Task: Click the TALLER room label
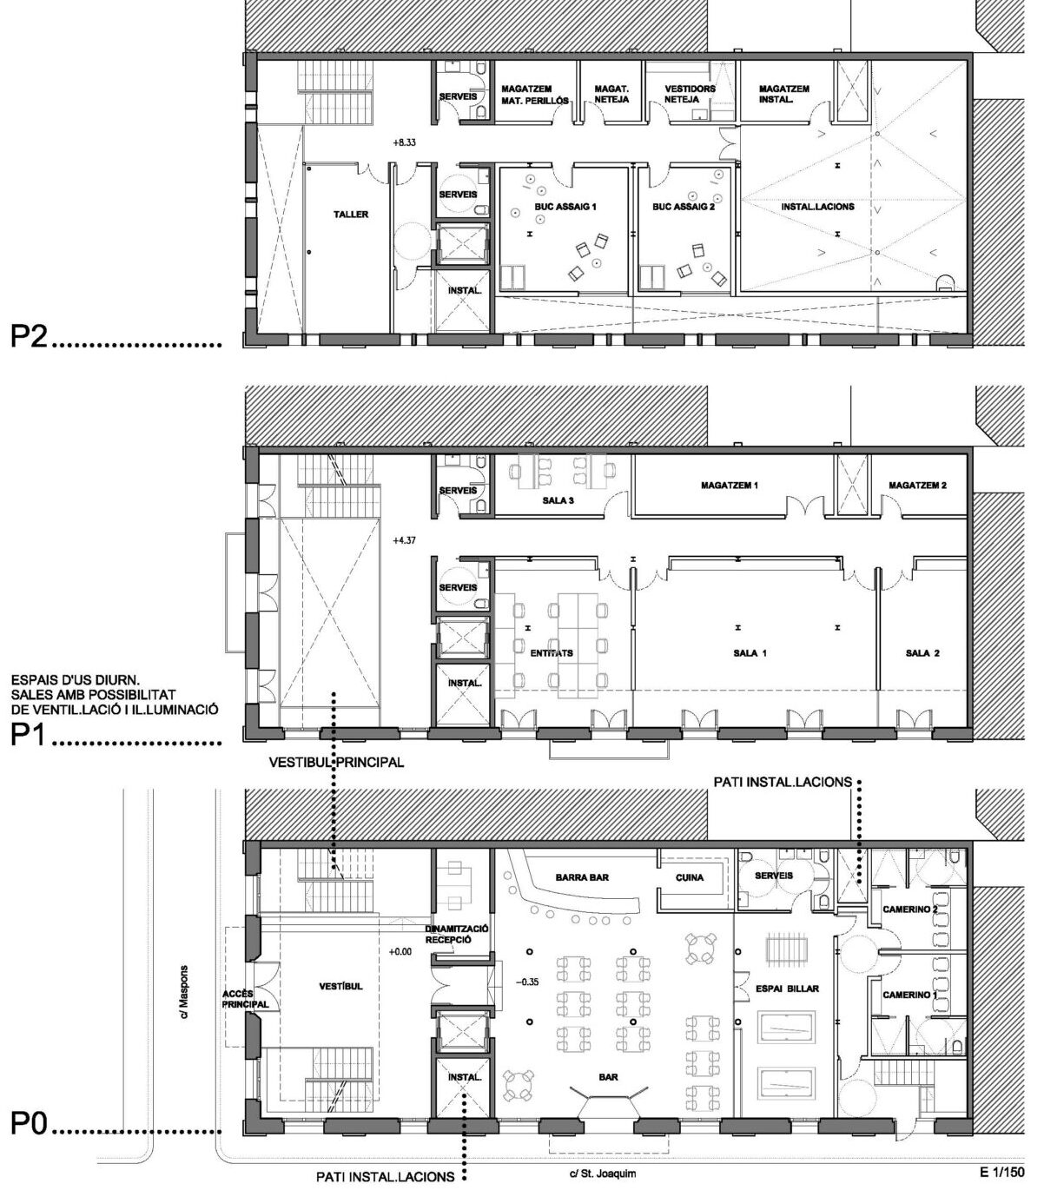[x=350, y=215]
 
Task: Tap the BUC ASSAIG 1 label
[x=565, y=207]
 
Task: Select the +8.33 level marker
[x=404, y=142]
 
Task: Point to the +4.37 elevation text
[x=404, y=540]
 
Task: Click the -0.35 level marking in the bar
[x=527, y=982]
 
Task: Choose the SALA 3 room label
[x=558, y=500]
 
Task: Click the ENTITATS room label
[x=552, y=653]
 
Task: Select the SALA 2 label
[x=922, y=653]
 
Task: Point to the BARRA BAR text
[x=581, y=877]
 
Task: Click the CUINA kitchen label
[x=689, y=877]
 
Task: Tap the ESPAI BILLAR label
[x=787, y=989]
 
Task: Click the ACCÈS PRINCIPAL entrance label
[x=245, y=999]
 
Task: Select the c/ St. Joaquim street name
[x=603, y=1152]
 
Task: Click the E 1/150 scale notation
[x=1002, y=1152]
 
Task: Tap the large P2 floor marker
[x=29, y=336]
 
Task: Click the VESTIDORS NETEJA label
[x=690, y=94]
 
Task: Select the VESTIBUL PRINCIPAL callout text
[x=336, y=762]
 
